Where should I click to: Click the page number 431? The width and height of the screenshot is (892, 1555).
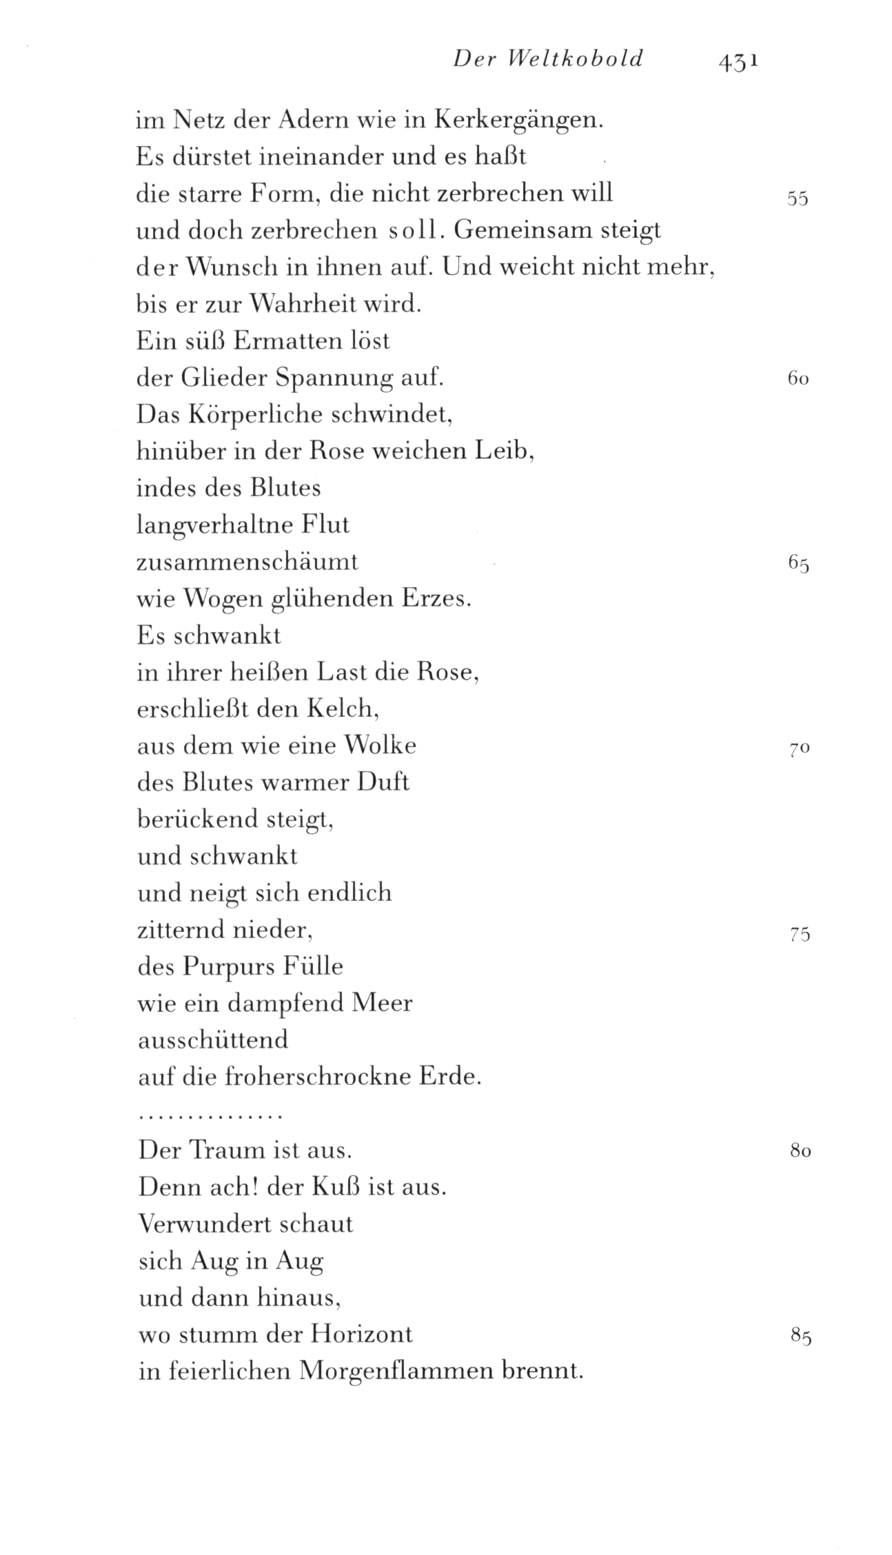coord(738,61)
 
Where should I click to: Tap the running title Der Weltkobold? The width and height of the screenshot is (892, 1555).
coord(548,59)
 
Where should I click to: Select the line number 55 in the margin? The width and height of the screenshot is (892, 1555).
coord(797,199)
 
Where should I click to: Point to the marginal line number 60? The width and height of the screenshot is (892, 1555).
coord(797,378)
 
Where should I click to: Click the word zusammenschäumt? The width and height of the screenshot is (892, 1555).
coord(247,562)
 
